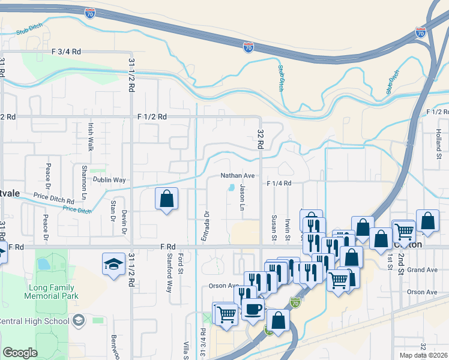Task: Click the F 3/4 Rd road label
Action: point(67,52)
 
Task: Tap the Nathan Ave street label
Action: point(238,176)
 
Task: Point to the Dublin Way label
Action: point(109,180)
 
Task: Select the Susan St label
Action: point(274,228)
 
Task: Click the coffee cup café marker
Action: point(253,310)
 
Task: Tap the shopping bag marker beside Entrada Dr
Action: point(167,199)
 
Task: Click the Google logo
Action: point(20,353)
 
